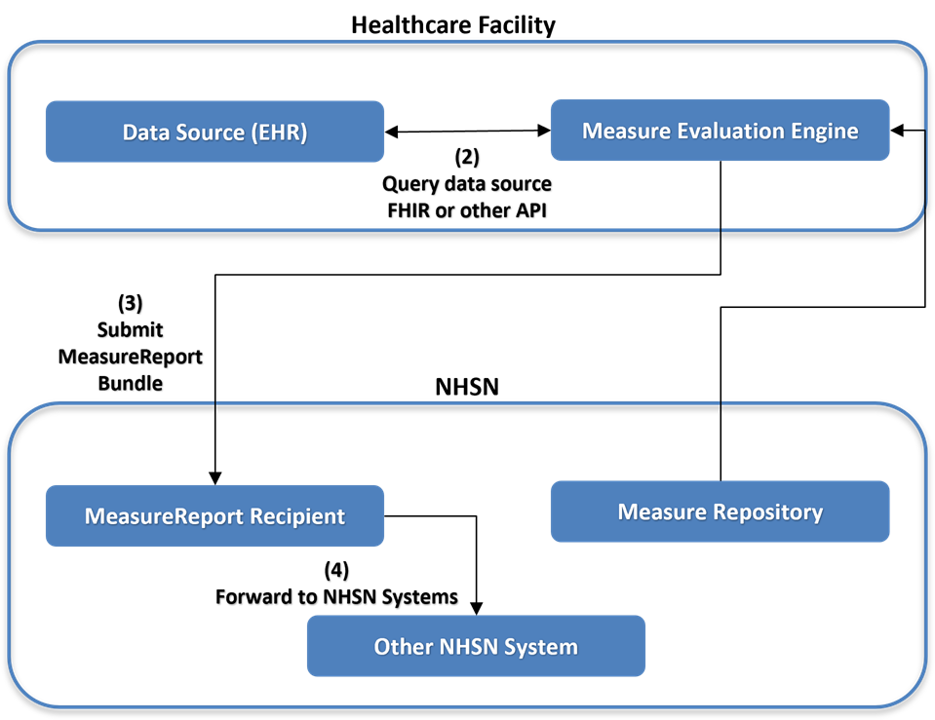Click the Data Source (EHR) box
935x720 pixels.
click(214, 132)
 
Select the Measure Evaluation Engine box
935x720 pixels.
click(720, 131)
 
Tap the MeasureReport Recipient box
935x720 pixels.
click(214, 515)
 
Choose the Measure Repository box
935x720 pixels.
click(720, 512)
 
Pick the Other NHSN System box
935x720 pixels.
click(476, 646)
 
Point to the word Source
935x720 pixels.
click(209, 133)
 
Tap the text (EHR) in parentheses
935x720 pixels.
click(279, 133)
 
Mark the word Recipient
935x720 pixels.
click(299, 516)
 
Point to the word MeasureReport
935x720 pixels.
click(166, 516)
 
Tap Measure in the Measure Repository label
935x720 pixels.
click(661, 512)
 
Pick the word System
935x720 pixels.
click(542, 647)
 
